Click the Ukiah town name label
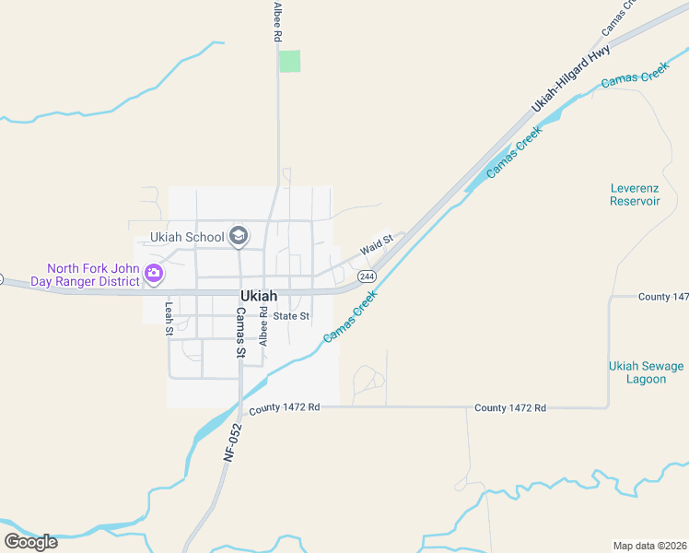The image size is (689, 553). coord(258,296)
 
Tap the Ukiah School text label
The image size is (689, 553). coord(187,237)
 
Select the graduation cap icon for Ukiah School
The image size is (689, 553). coord(239,237)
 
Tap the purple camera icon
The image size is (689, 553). coord(154,273)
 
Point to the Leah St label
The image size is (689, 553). coord(169,319)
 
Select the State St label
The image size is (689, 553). coord(291,316)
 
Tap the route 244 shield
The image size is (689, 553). coord(367,276)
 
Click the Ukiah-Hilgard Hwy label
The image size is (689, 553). coord(571,81)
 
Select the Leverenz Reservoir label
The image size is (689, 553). coord(635,194)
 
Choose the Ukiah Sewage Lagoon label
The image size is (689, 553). coord(646,372)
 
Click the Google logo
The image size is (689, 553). coord(30,541)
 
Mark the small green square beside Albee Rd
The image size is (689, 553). coord(289,61)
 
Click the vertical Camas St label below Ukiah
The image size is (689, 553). coord(240,333)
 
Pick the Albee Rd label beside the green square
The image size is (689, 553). coord(276,21)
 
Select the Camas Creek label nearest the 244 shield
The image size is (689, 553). coord(351,318)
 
